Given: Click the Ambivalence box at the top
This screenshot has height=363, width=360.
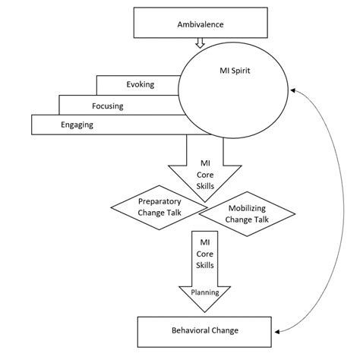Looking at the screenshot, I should pos(200,24).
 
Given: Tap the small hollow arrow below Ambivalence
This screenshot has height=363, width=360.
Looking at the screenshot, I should pos(200,43).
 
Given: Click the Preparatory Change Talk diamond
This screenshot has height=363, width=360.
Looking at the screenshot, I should pos(159,207).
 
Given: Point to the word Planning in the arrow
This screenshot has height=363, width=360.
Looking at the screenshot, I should pos(205,292).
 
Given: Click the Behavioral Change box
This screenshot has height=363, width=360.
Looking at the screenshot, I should pos(204,331).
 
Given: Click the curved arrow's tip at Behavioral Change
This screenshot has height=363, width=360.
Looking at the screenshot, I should pos(277,331).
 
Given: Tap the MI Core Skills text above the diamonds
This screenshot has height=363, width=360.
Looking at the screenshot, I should pos(205,174).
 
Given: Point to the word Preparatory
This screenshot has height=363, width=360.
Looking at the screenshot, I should pos(159,201).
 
